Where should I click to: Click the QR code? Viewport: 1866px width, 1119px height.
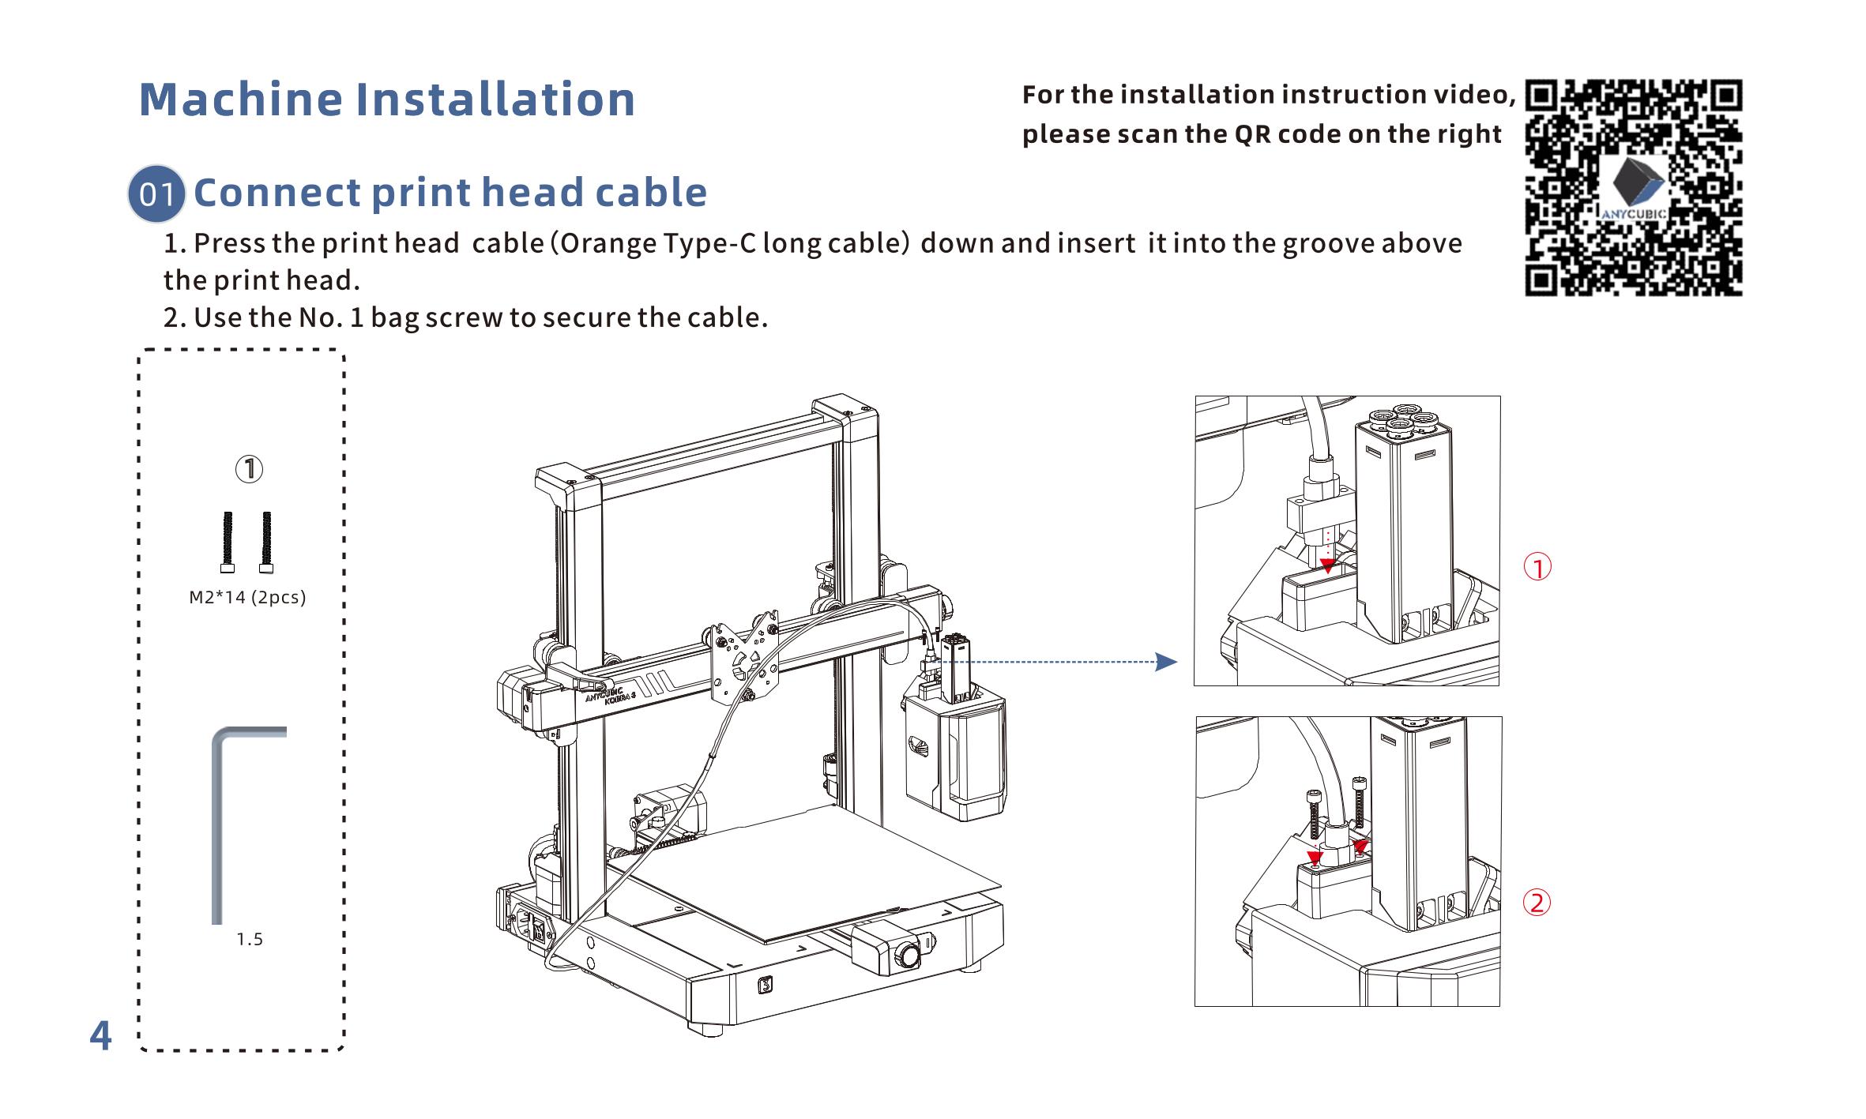point(1633,187)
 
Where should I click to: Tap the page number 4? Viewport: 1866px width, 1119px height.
point(100,1035)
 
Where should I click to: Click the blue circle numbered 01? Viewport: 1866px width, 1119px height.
point(156,193)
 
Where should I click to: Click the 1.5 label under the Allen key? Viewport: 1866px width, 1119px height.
point(250,940)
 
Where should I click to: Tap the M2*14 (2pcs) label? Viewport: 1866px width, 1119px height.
point(247,598)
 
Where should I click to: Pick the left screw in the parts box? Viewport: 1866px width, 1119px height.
point(228,543)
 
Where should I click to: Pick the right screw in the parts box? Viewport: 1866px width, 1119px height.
point(266,543)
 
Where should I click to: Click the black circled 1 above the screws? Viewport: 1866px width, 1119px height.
point(249,469)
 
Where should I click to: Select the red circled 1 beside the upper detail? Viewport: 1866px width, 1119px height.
point(1537,567)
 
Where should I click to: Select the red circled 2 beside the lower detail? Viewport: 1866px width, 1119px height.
point(1537,902)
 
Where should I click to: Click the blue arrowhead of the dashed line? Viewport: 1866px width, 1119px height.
point(1165,662)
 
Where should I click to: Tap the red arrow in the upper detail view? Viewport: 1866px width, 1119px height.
point(1328,565)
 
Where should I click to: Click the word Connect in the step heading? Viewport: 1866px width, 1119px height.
point(277,193)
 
